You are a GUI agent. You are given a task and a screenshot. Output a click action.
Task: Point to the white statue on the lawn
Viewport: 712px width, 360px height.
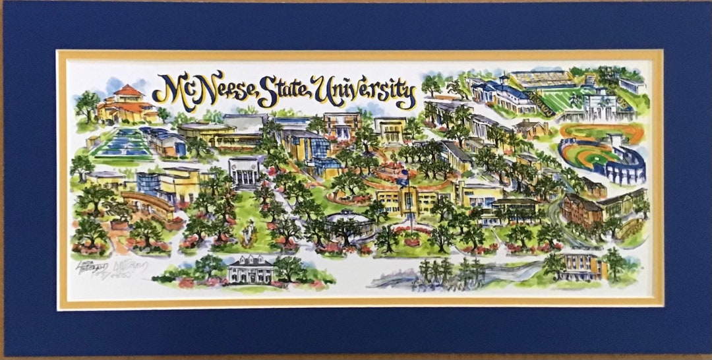coord(249,231)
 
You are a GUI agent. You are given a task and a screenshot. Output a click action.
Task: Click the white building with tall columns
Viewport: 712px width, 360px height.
coord(245,172)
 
